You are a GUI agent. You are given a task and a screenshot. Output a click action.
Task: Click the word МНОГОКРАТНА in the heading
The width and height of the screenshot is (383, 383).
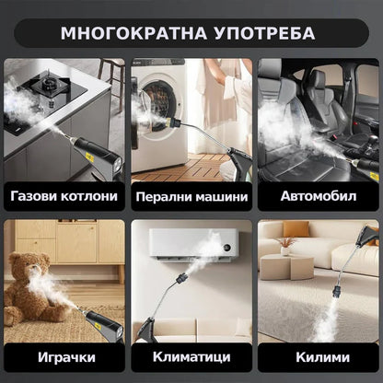[133, 33]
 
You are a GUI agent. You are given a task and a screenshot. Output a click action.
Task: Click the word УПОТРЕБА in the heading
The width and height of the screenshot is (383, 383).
[265, 33]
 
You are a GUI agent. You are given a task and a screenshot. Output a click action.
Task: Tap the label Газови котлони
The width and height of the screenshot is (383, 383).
[64, 196]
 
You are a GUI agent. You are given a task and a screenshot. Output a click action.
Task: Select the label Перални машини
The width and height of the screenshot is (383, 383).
[191, 197]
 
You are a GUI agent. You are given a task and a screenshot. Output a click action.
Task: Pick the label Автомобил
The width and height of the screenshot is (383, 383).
[319, 196]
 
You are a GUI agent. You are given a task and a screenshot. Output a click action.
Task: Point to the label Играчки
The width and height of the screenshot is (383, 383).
[66, 357]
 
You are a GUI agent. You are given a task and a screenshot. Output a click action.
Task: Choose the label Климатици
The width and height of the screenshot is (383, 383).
[191, 357]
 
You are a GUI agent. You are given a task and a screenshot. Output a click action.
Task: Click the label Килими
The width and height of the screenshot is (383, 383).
[322, 357]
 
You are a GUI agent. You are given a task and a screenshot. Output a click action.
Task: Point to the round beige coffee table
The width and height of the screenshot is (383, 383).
[286, 266]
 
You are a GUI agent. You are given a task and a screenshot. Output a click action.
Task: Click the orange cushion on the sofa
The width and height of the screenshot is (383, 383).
[296, 229]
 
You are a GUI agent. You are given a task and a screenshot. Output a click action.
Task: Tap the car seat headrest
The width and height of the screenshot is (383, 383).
[319, 80]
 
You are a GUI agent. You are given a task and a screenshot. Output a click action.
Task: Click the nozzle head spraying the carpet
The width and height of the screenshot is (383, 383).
[338, 290]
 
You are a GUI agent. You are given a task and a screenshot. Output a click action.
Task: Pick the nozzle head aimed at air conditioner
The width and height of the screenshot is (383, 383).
[181, 279]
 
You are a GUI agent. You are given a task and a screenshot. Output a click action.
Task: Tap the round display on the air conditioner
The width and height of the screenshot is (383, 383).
[227, 248]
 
